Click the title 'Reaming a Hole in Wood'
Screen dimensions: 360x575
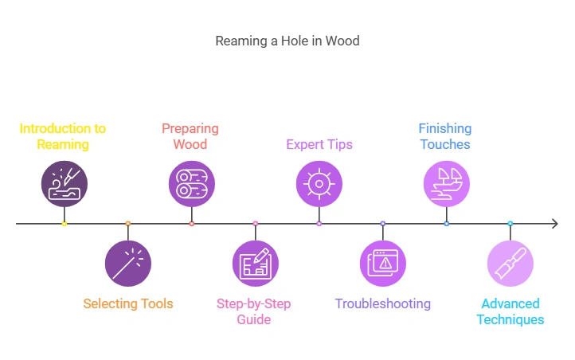pos(287,41)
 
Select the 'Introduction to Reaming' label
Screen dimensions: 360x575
pos(63,136)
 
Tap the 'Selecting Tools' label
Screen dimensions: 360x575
pos(128,303)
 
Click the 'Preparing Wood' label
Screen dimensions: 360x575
pos(190,136)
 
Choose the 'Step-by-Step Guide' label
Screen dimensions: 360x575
pos(255,311)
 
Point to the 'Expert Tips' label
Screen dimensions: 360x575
pos(319,144)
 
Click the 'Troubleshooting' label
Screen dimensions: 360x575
pos(383,303)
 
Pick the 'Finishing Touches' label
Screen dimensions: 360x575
pos(445,136)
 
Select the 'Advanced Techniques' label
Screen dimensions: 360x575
pos(510,311)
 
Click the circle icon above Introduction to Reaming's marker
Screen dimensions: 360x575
pos(65,183)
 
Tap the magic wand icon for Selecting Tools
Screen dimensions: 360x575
pos(128,264)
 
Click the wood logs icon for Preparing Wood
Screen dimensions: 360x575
pos(192,183)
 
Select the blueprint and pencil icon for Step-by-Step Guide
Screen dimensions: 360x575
pos(256,264)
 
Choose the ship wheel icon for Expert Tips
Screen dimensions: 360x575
pos(319,183)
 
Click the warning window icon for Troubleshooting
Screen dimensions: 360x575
pos(383,264)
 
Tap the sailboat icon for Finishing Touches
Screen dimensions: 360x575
pos(447,183)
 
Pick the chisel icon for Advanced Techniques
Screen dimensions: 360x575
pos(510,264)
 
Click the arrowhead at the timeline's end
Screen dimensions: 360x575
pos(554,224)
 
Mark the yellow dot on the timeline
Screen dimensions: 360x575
pos(65,224)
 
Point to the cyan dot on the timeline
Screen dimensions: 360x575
pos(510,224)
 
